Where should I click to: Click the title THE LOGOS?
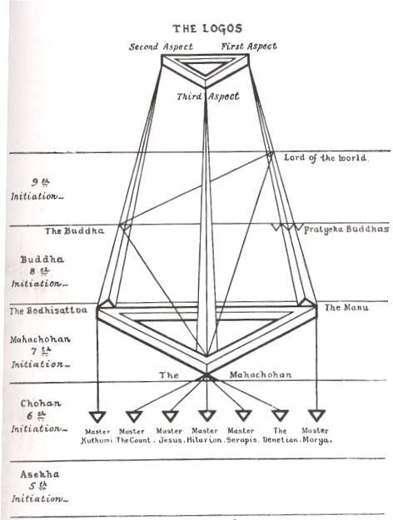point(207,28)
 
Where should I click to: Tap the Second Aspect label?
point(161,47)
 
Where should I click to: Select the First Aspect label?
point(249,47)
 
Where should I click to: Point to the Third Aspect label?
point(208,97)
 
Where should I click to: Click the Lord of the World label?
point(326,158)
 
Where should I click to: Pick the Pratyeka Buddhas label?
point(346,229)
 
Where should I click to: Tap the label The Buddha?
point(75,230)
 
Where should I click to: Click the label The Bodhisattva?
point(48,310)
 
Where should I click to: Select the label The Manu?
point(346,307)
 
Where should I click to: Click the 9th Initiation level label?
point(37,190)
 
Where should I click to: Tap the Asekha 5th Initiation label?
point(40,487)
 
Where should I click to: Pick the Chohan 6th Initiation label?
point(39,416)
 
